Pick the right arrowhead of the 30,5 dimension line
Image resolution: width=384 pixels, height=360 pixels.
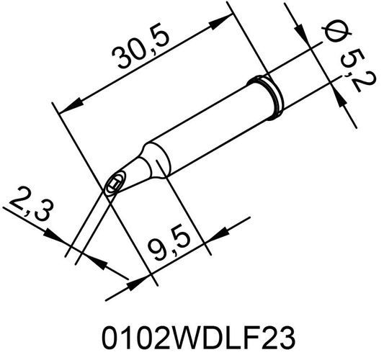(x=220, y=23)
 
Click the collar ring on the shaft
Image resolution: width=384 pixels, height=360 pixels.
(x=267, y=94)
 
